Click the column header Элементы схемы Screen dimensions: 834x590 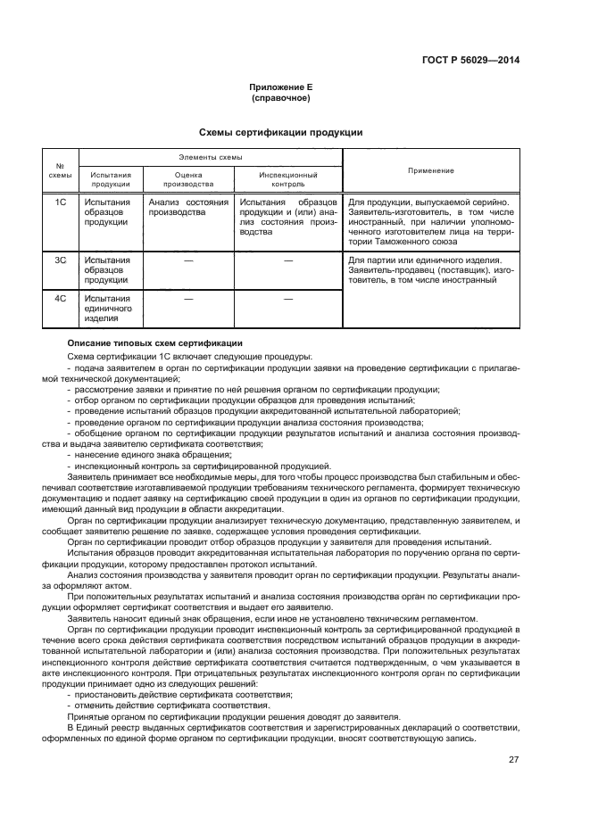[211, 156]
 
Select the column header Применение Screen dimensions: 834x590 [431, 169]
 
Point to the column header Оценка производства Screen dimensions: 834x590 [188, 179]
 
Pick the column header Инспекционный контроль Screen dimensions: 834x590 [287, 179]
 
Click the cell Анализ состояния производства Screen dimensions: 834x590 [188, 208]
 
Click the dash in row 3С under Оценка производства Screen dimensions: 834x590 [188, 260]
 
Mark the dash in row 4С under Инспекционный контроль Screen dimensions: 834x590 [287, 299]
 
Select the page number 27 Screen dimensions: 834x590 [513, 759]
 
